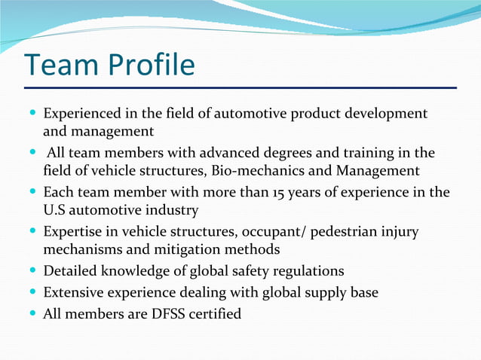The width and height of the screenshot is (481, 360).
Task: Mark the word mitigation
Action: click(171, 249)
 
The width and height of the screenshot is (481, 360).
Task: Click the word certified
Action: click(215, 313)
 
